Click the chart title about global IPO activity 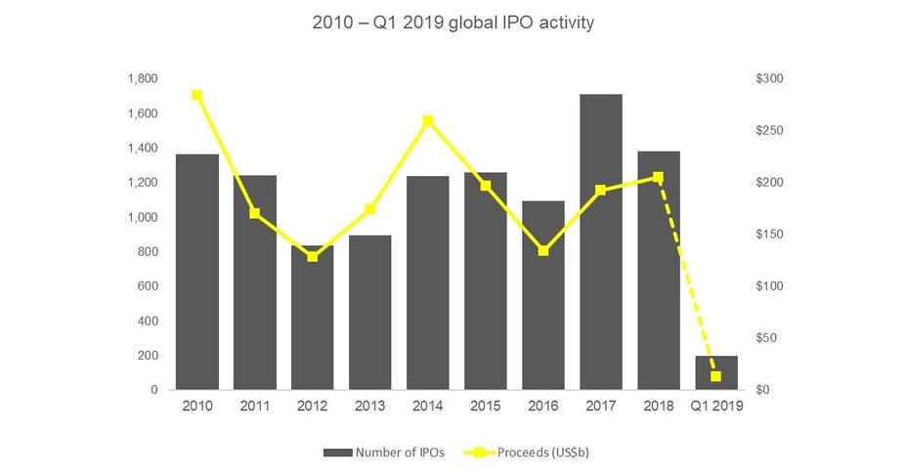[453, 22]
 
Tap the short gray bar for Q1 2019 [716, 372]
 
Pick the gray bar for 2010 [196, 272]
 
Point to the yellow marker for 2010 [196, 95]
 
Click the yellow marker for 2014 [427, 121]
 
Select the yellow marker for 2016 [543, 251]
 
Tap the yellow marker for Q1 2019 [716, 376]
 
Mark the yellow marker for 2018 [658, 178]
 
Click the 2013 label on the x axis [369, 407]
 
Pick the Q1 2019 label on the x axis [716, 407]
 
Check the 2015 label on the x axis [485, 407]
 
